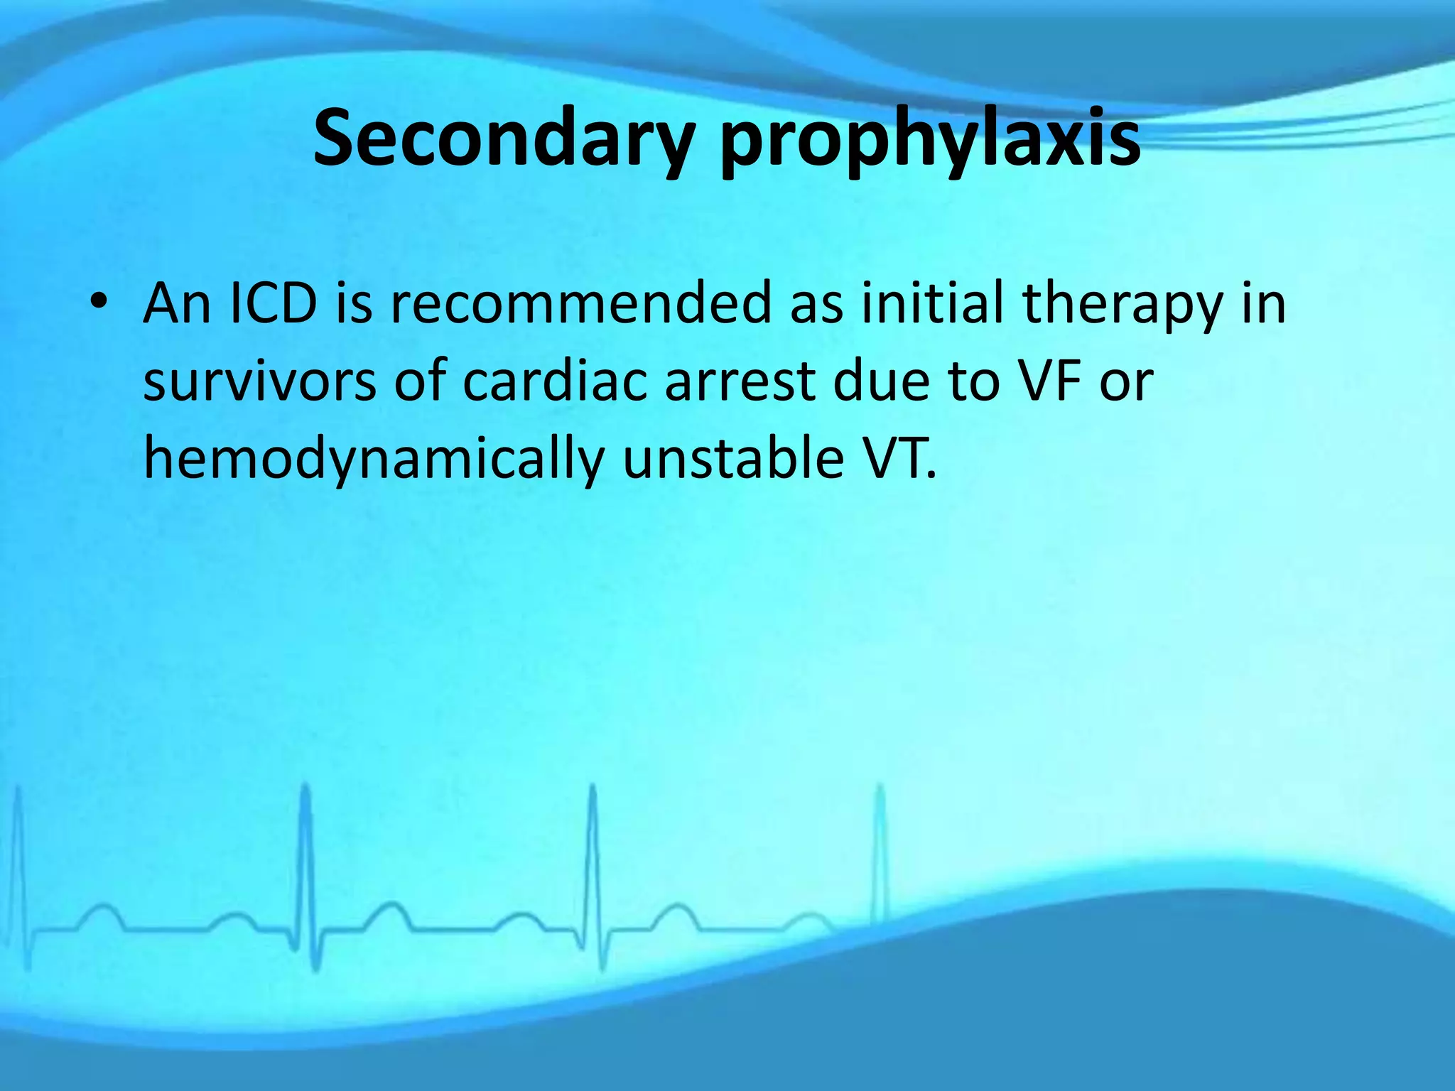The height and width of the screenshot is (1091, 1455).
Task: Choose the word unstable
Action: (732, 458)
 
